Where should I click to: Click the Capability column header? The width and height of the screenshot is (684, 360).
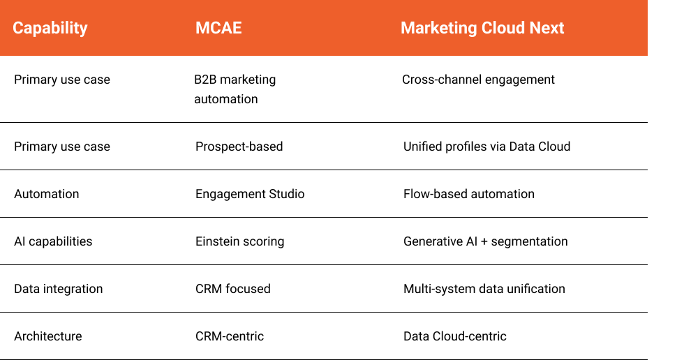pos(50,29)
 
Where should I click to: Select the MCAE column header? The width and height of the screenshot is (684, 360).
pos(218,28)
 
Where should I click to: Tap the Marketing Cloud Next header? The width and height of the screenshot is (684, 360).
pos(482,28)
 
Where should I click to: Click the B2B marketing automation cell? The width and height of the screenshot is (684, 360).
pos(235,89)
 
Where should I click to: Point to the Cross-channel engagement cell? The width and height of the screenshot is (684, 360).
pos(478,80)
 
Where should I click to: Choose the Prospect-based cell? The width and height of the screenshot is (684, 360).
pos(239,147)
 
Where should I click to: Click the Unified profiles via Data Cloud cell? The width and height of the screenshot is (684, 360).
pos(487,147)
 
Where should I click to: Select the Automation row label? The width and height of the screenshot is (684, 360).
pos(47,194)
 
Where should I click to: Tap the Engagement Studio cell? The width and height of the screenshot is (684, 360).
pos(250,194)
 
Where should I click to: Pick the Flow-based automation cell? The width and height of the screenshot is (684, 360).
pos(469,194)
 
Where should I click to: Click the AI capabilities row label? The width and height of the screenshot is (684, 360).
pos(53,241)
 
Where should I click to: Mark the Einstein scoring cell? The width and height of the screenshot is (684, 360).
pos(239,241)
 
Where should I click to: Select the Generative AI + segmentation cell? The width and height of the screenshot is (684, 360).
pos(486,241)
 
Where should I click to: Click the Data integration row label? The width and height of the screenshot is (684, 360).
pos(59,289)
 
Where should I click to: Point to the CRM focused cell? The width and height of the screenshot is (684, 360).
pos(233,289)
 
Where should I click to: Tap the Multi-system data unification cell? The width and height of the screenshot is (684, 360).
pos(484,289)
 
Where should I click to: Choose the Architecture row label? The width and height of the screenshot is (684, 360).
pos(48,336)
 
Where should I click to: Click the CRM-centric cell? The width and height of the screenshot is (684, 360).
pos(230,336)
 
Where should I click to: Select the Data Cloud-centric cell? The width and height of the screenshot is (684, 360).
pos(455,336)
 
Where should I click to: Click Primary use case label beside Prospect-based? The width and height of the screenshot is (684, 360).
pos(62,147)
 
